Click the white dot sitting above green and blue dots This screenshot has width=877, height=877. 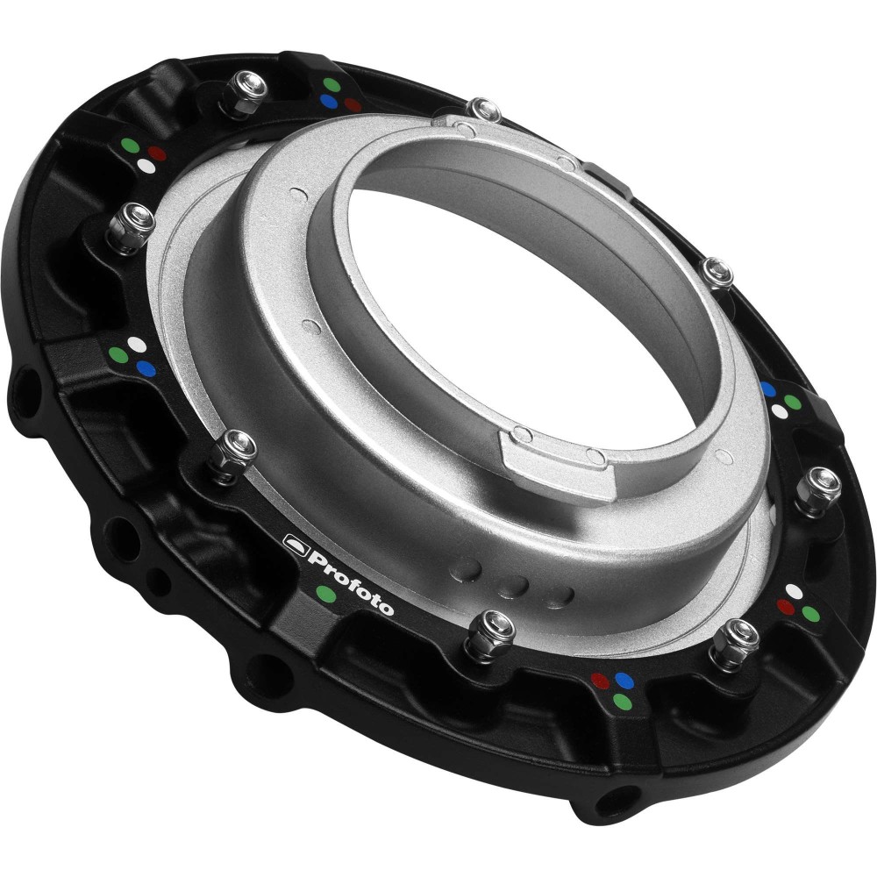point(133,344)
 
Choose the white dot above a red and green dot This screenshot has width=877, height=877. point(794,590)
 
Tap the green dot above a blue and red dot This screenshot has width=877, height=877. point(331,85)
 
